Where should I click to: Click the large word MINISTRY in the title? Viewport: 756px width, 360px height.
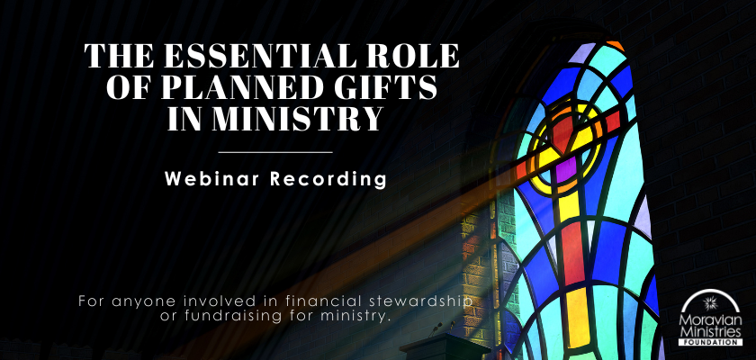coord(298,119)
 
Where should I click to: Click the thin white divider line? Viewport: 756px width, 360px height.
coord(275,152)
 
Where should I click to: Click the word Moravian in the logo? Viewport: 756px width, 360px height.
coord(710,320)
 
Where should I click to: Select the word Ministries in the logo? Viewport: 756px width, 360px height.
coord(710,331)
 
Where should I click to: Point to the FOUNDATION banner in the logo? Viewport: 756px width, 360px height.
coord(710,342)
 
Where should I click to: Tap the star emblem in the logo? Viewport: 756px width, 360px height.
coord(710,303)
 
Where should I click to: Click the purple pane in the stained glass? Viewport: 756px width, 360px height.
coord(566,169)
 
